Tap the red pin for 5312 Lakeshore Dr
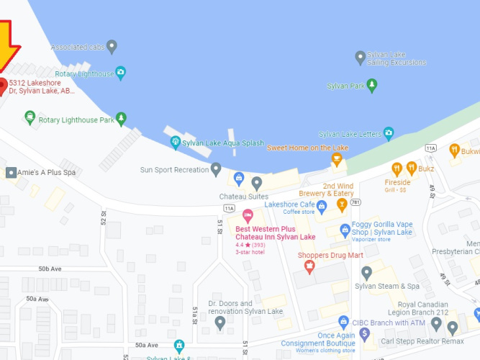point(3,86)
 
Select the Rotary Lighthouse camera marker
point(121,73)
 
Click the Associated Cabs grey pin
point(112,47)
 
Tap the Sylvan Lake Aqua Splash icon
point(175,143)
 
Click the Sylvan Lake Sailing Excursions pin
point(361,57)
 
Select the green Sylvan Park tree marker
point(372,86)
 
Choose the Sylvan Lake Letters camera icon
point(389,133)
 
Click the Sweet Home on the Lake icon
point(336,159)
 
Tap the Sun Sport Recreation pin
point(216,169)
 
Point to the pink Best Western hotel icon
point(248,215)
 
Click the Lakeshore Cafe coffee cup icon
point(322,207)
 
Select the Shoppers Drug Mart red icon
point(310,267)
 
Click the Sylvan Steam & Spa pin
point(367,273)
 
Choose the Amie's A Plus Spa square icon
point(11,173)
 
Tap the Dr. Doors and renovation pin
point(220,322)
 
